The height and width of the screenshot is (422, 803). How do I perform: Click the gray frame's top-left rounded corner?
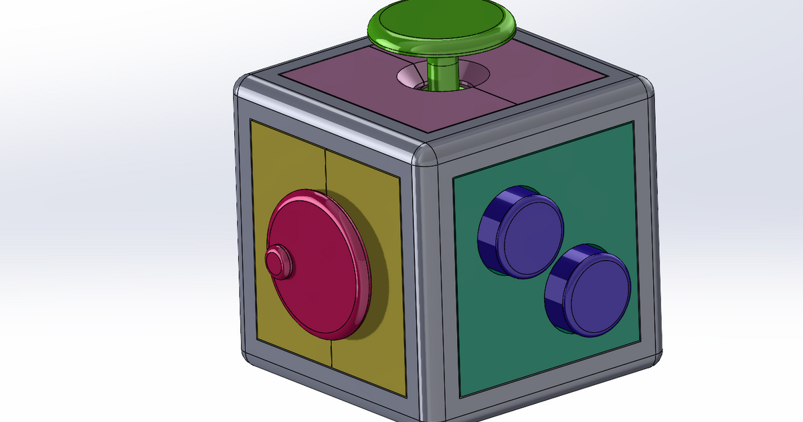pos(245,87)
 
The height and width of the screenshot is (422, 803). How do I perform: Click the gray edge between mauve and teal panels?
pos(535,127)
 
